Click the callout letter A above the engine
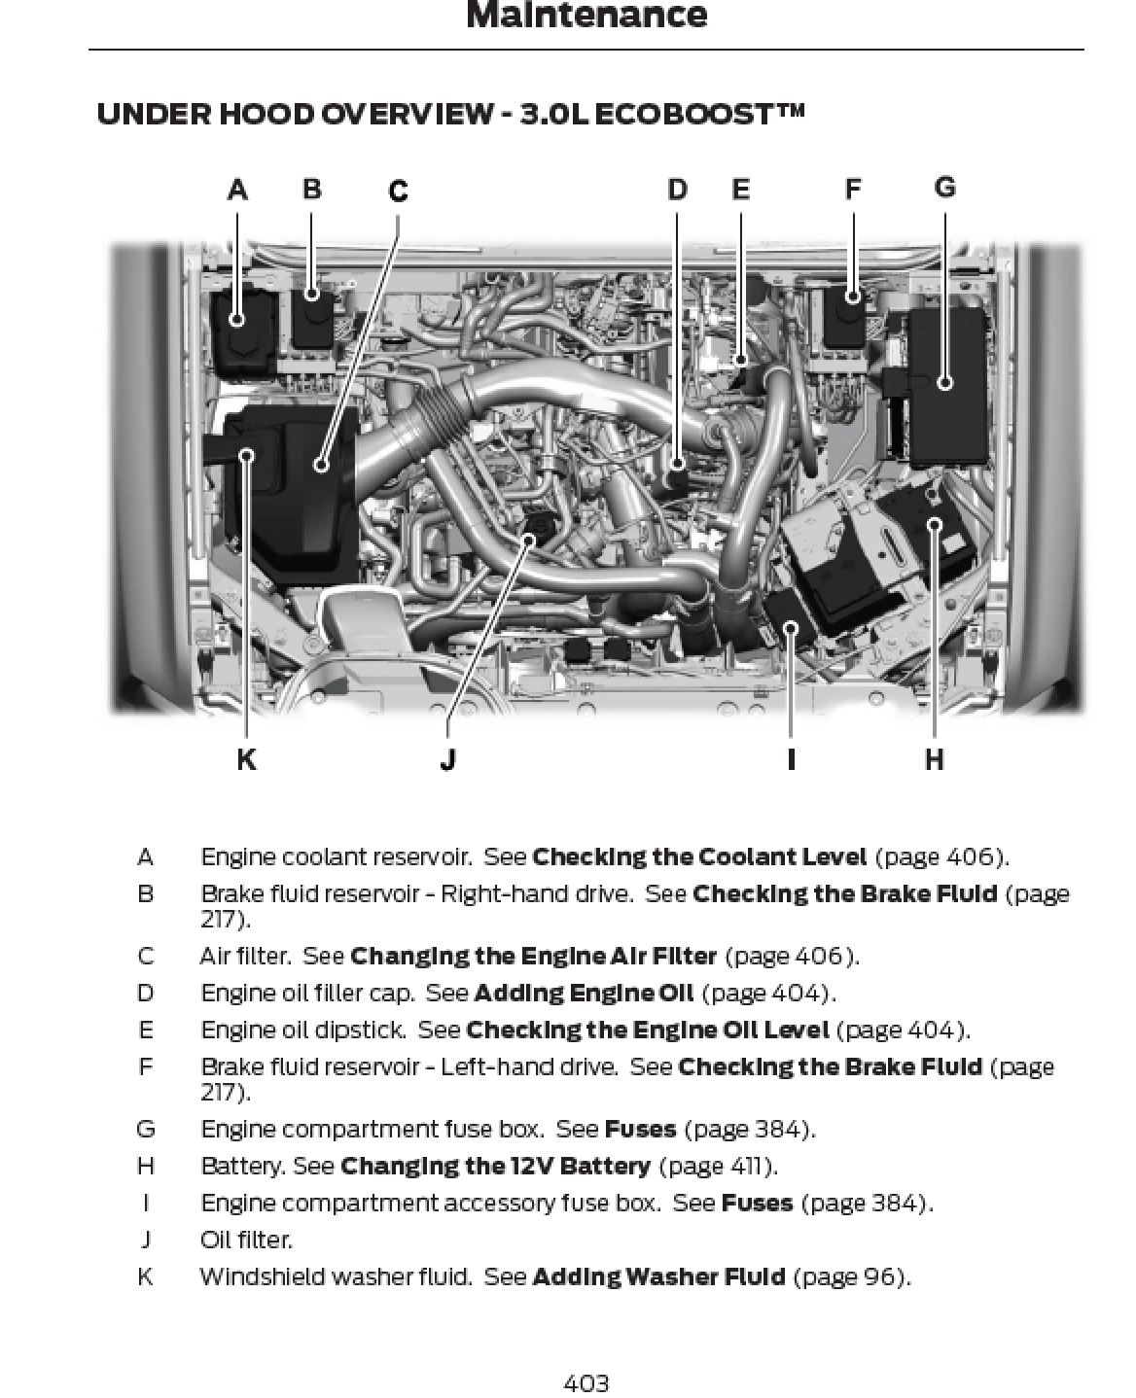pyautogui.click(x=237, y=190)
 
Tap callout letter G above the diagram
pyautogui.click(x=944, y=187)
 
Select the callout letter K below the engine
pyautogui.click(x=246, y=759)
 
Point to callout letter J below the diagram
pyautogui.click(x=447, y=759)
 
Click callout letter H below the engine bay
pyautogui.click(x=934, y=759)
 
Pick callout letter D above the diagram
pyautogui.click(x=677, y=190)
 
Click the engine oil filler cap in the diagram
pyautogui.click(x=678, y=476)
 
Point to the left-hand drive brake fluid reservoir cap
pyautogui.click(x=853, y=297)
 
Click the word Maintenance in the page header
pyautogui.click(x=586, y=16)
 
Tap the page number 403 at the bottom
pyautogui.click(x=586, y=1381)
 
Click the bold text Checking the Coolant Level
pyautogui.click(x=699, y=857)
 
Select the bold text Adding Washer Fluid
pyautogui.click(x=658, y=1276)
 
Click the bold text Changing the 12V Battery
pyautogui.click(x=495, y=1166)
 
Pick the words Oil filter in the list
pyautogui.click(x=246, y=1240)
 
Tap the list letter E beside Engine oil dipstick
pyautogui.click(x=146, y=1030)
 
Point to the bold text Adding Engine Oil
pyautogui.click(x=584, y=993)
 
